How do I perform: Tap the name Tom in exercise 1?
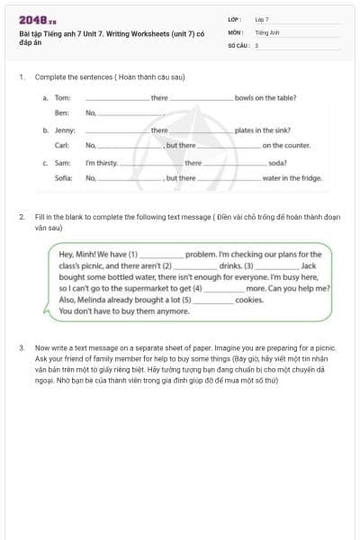[62, 97]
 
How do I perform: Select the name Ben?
[61, 113]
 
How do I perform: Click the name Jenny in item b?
[64, 130]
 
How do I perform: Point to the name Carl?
[62, 145]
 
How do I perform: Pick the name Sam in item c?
[63, 163]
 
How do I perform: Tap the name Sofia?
[63, 178]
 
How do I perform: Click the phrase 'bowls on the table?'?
[265, 97]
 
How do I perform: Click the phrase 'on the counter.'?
[286, 145]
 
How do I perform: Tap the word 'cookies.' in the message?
[249, 300]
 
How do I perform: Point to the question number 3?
[21, 346]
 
